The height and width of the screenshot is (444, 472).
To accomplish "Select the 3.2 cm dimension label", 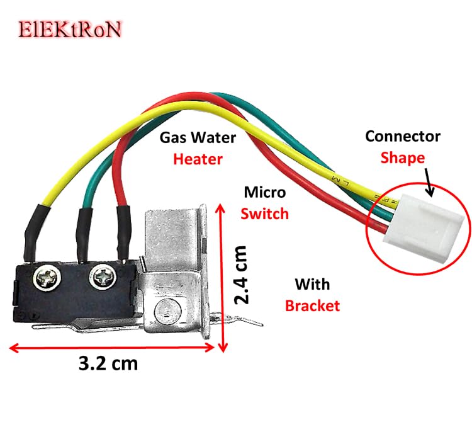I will tap(108, 363).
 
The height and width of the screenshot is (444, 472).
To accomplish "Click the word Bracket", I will tap(312, 305).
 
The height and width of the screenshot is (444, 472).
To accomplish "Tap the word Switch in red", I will tap(265, 213).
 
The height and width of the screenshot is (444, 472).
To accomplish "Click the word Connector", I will tap(403, 135).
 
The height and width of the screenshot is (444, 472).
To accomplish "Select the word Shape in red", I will tap(402, 157).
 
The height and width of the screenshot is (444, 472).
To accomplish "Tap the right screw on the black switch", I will tap(100, 275).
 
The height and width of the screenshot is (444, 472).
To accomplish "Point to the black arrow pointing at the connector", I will tap(426, 180).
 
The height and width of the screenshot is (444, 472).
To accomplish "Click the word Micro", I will tap(265, 191).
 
